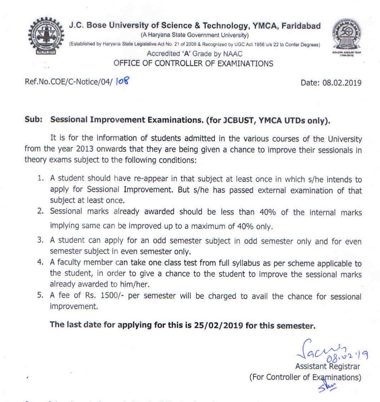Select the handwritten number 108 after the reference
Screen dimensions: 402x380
pos(122,82)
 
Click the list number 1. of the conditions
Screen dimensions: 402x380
pos(41,179)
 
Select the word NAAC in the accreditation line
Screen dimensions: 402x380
pos(233,54)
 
